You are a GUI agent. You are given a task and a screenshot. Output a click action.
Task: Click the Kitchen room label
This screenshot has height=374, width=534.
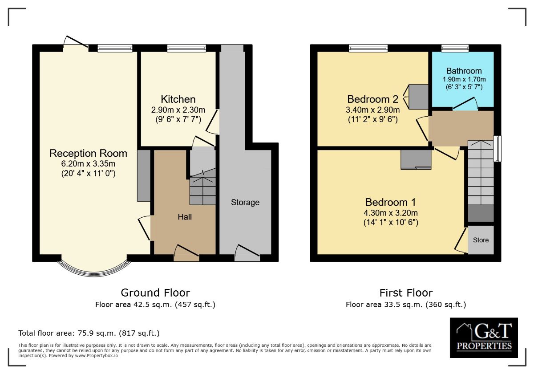coord(178,99)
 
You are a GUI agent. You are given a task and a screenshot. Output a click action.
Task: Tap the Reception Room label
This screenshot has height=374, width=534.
coord(88,153)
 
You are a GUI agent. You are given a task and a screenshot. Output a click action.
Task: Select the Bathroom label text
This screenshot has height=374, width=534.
coord(464,71)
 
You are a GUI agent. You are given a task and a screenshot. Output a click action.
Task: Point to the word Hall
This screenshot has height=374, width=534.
coord(185,217)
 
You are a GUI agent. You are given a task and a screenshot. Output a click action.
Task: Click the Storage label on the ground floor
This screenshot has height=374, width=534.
coord(245,203)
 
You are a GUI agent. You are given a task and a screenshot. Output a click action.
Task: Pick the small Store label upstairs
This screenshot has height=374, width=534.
coord(481,240)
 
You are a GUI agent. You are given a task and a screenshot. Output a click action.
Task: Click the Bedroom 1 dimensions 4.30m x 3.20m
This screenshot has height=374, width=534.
coord(391,213)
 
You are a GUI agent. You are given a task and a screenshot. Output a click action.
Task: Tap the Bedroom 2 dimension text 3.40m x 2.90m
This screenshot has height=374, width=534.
coord(372,110)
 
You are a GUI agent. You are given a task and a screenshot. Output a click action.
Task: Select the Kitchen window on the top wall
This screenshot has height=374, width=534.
coord(186,48)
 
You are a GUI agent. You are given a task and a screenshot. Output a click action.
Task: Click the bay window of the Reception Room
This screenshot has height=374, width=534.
coord(94,273)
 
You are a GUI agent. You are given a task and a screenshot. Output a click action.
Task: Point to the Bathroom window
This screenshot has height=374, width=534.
coord(455,48)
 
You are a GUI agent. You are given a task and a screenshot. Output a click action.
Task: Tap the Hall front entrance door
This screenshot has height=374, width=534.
coord(186,253)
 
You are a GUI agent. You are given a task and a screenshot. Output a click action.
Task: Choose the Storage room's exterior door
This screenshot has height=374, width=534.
coord(247,253)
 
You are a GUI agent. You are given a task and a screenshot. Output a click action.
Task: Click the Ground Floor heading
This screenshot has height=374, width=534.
coord(155,293)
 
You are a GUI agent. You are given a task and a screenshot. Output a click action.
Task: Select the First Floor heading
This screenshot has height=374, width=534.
coord(406,293)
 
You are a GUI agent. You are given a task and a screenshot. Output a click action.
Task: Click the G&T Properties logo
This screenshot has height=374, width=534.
coord(484,337)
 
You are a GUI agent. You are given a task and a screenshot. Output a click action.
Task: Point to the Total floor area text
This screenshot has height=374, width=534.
coord(89,333)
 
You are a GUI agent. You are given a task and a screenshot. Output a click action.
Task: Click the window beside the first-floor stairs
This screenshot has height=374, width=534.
coord(498,149)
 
